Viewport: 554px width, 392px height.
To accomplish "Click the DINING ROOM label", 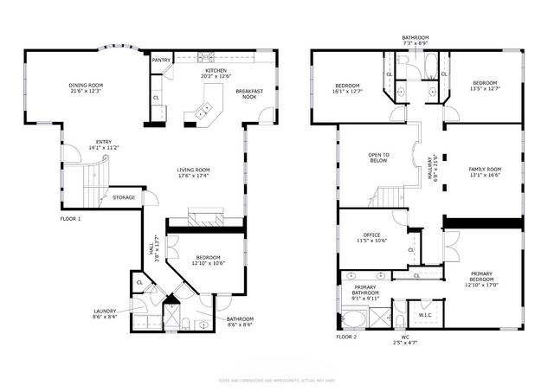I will point(86,85).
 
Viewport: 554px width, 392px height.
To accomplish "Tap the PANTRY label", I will point(161,61).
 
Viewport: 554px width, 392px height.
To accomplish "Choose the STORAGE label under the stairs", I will point(124,197).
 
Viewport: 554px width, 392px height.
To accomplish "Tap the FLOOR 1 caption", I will point(70,219).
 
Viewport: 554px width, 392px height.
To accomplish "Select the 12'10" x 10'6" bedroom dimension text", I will point(208,263).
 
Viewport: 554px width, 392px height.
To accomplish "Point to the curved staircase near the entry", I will point(93,177).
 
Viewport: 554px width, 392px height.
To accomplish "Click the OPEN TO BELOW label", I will point(379,157).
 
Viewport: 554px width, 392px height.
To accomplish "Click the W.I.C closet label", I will point(425,315).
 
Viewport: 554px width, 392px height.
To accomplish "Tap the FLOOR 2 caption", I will point(346,337).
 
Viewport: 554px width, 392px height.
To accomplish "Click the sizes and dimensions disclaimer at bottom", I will point(277,380).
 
